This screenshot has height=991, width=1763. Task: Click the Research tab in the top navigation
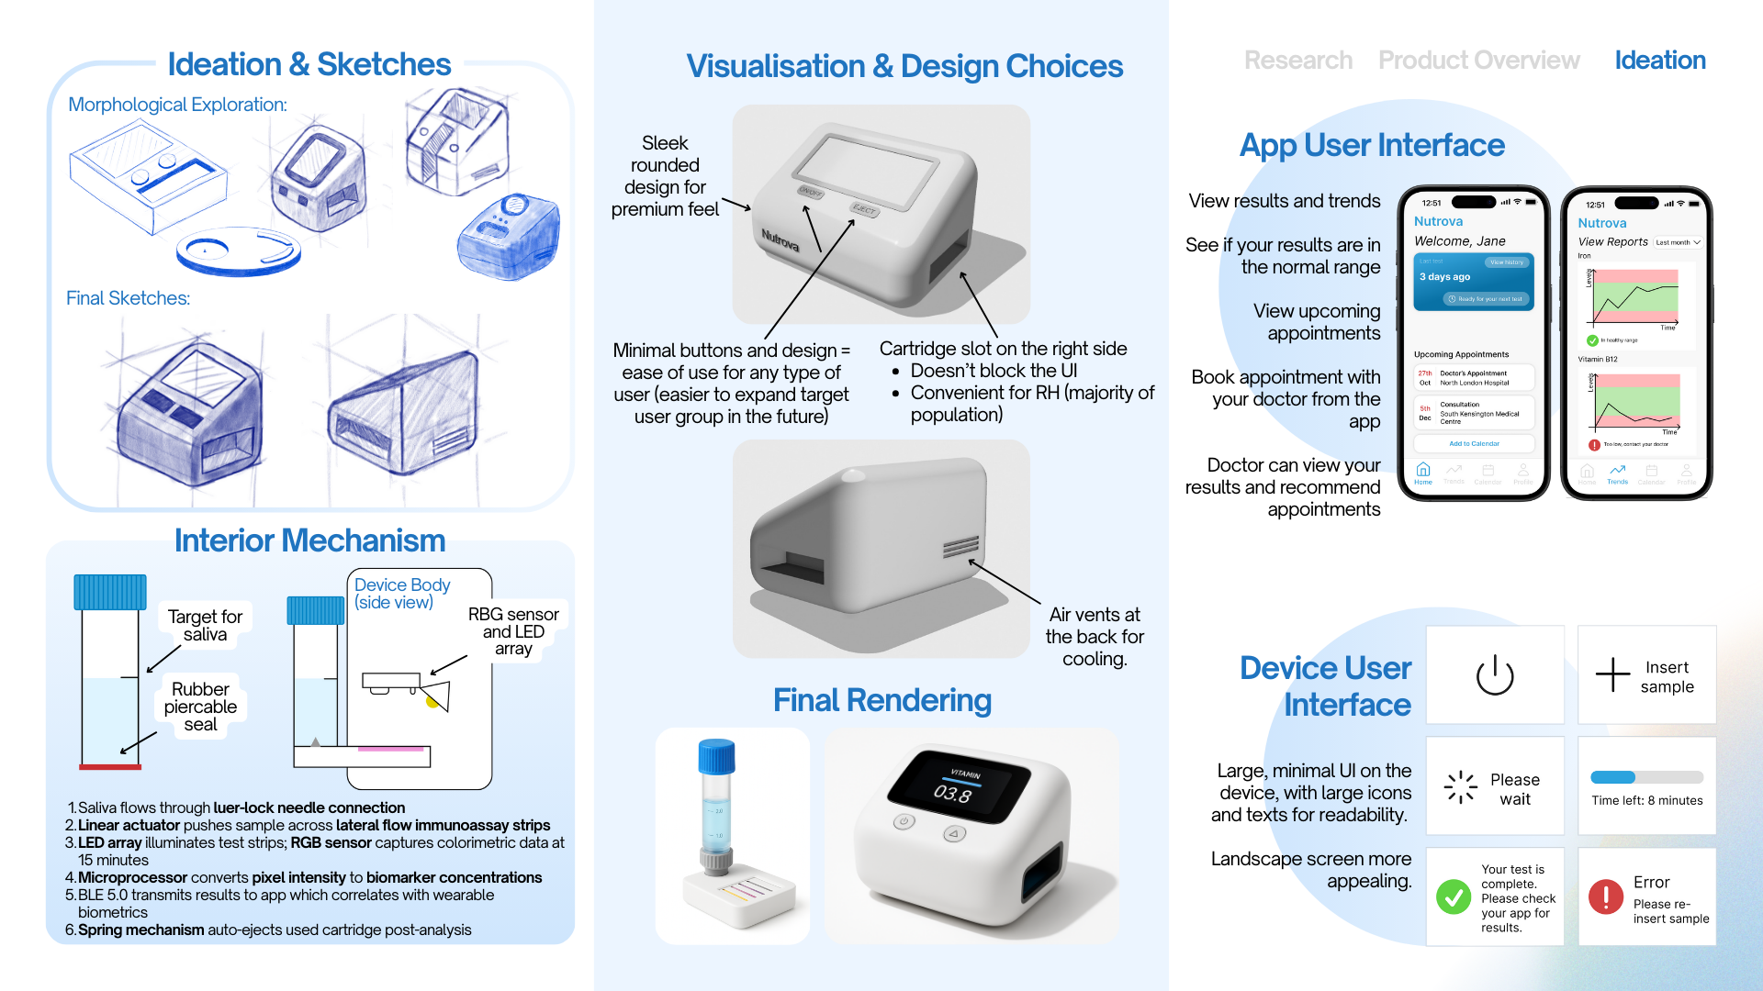1297,61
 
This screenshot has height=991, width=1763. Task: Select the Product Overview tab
1478,61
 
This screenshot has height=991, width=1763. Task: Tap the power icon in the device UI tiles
1494,675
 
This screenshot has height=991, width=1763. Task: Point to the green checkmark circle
1454,896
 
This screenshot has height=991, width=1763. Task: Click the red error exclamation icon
1606,896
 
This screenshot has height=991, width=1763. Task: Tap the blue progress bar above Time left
1613,777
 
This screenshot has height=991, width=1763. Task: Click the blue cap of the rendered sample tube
716,756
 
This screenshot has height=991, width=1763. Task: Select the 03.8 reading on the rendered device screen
952,794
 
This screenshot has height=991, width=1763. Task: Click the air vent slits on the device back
960,548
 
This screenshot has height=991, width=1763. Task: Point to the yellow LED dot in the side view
432,702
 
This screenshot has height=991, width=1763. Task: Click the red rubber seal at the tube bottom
110,766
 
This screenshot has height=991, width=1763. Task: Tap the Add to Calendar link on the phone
1474,444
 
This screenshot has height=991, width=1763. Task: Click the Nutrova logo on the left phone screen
1438,222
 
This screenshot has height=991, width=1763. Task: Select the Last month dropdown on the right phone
1678,242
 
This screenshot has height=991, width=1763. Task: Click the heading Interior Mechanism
309,540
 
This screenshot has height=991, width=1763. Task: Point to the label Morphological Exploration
177,105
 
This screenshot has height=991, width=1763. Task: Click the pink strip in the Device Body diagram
390,749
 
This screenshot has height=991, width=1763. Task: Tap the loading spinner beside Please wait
1460,787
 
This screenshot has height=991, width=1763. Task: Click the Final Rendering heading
881,700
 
